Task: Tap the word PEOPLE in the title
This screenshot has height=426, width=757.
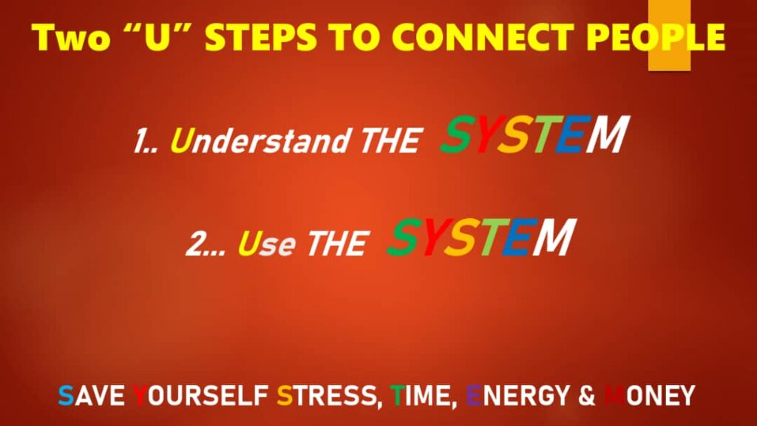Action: point(656,37)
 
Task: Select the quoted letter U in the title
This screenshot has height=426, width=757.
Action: point(158,37)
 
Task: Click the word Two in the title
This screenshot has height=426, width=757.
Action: point(71,37)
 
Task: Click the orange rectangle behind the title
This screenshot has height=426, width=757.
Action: point(669,35)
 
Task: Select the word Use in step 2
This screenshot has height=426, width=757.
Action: point(266,243)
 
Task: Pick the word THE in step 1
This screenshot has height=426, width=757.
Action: point(389,141)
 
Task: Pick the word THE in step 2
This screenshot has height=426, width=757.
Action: point(337,243)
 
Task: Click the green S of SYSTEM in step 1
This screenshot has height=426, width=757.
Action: point(458,135)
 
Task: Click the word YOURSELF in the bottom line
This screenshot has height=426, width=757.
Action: point(200,396)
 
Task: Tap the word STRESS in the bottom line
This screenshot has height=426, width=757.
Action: point(327,396)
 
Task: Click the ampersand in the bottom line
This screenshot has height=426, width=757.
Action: point(586,396)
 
